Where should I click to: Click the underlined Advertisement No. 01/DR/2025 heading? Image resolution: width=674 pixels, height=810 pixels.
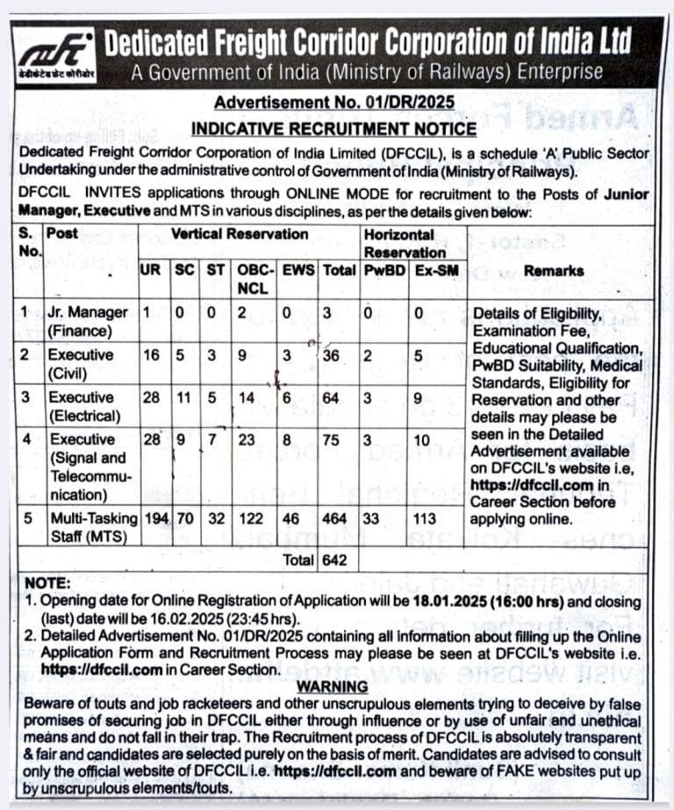click(x=334, y=102)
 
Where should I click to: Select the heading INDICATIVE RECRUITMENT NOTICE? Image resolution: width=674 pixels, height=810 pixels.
click(x=334, y=128)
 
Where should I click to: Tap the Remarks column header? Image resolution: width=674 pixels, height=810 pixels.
click(x=553, y=271)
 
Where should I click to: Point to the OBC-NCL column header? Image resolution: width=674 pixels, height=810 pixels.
click(x=255, y=279)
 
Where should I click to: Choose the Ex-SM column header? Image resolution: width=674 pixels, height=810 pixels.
click(x=436, y=271)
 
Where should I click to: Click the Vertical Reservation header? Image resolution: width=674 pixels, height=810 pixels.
click(x=240, y=235)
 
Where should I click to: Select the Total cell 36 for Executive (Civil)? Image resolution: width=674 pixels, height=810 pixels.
click(x=333, y=355)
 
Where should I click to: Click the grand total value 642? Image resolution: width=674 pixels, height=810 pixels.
click(x=333, y=560)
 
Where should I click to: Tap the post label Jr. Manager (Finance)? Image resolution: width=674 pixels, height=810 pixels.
click(x=88, y=322)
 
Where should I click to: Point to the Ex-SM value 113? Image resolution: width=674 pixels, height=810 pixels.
click(x=425, y=518)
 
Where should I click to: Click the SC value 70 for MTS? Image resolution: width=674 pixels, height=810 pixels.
click(x=185, y=518)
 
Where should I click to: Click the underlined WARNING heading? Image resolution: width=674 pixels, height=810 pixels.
click(x=333, y=686)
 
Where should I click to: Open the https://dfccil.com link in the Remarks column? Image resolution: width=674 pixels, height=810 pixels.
click(x=525, y=484)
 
